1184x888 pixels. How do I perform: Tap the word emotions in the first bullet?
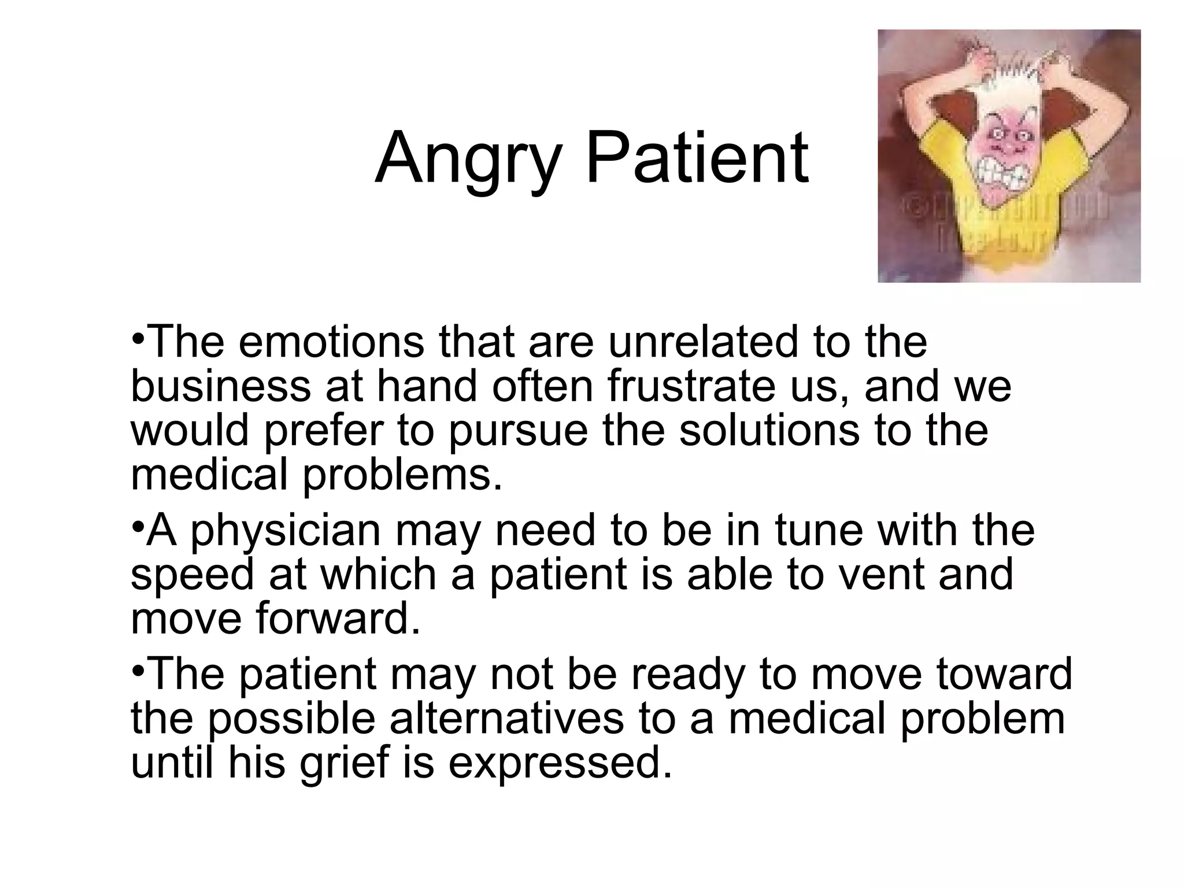(331, 342)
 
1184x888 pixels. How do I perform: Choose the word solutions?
(769, 431)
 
